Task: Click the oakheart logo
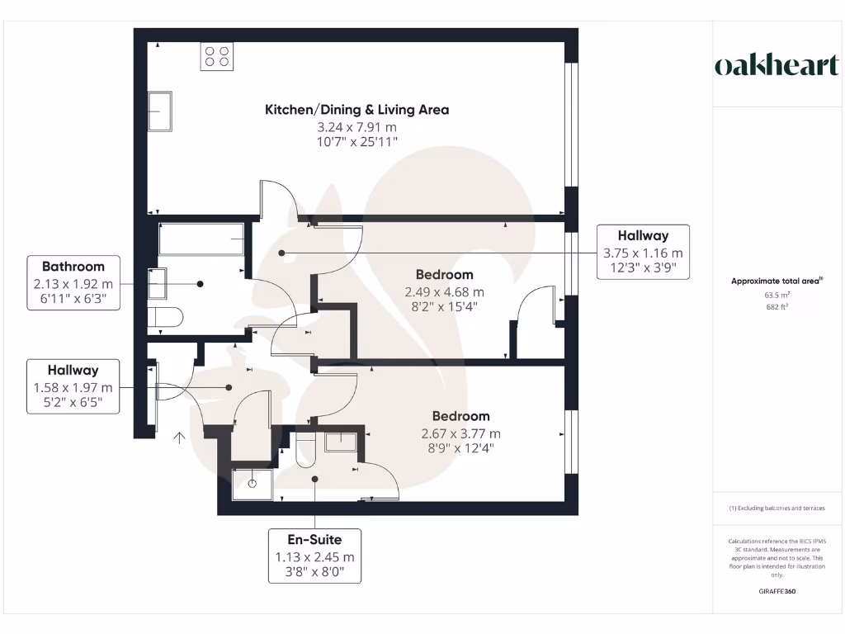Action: tap(776, 66)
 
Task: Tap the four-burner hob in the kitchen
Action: tap(217, 56)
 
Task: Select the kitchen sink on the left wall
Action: tap(160, 111)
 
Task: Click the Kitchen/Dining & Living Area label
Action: tap(356, 110)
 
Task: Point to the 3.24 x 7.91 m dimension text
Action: tap(356, 127)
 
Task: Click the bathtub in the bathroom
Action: tap(201, 239)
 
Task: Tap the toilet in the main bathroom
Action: tap(165, 317)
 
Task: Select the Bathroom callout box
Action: tap(73, 282)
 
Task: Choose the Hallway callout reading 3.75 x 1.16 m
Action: tap(643, 252)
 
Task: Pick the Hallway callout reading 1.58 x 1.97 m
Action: tap(73, 386)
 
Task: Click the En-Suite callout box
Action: tap(314, 556)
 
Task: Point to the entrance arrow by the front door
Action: tap(179, 437)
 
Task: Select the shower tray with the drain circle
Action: tap(252, 484)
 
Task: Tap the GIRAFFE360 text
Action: tap(776, 591)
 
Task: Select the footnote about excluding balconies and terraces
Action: tap(776, 509)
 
